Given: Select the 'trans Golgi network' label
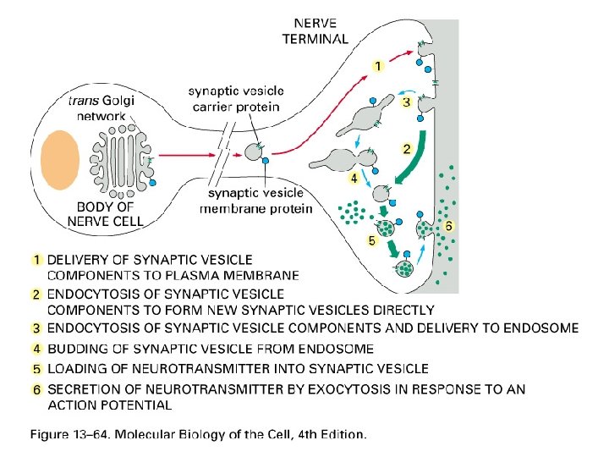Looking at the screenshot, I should tap(100, 107).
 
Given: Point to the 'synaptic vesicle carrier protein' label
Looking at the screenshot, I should tap(236, 99).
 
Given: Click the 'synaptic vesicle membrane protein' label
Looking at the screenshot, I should tap(256, 201).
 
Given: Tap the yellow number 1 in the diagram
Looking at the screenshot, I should tap(378, 64).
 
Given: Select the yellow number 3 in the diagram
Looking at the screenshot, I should tap(407, 102).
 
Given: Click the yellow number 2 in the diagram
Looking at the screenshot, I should tap(407, 148).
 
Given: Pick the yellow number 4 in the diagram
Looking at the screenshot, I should tap(354, 179).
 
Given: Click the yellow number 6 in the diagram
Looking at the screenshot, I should tap(449, 226).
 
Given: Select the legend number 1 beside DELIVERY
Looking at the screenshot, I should tap(37, 260).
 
